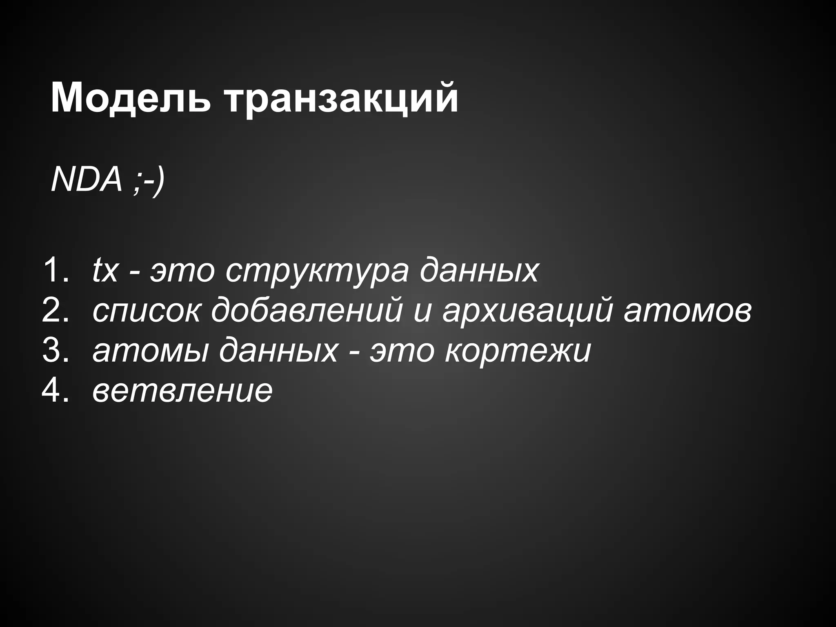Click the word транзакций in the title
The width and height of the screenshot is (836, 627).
pos(342,100)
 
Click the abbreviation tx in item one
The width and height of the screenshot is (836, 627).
pos(105,270)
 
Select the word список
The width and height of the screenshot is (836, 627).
pos(147,311)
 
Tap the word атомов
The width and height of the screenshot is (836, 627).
pos(687,311)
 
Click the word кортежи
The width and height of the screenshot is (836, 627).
pos(518,351)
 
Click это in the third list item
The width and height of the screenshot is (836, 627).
pos(402,351)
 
